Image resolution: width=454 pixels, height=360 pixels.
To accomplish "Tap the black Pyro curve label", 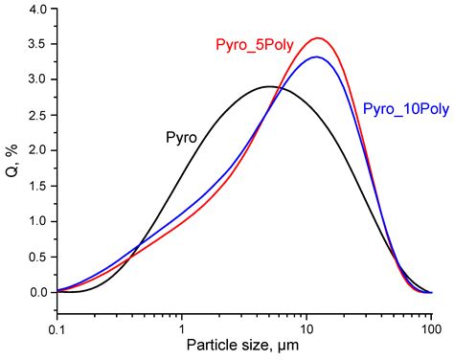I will (181, 138).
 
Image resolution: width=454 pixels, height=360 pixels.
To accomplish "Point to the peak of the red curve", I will (318, 38).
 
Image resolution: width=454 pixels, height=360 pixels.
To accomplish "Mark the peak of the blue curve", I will (317, 57).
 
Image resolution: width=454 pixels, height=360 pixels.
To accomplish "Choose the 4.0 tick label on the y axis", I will (36, 9).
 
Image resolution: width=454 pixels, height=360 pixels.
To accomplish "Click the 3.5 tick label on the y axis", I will (36, 44).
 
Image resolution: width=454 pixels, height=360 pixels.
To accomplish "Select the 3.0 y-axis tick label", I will (36, 79).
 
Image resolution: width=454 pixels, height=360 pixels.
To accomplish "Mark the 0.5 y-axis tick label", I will (36, 257).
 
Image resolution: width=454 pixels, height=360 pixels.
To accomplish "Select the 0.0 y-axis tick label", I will (36, 292).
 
